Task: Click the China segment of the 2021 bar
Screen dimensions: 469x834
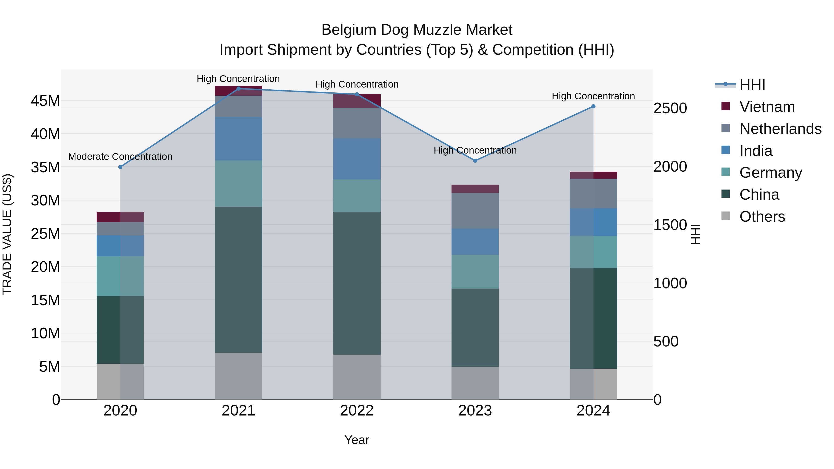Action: [x=238, y=279]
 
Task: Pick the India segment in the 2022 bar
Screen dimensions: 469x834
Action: [x=357, y=159]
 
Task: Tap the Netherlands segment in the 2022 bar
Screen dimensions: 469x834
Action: [x=357, y=123]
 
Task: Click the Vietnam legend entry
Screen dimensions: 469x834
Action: [x=767, y=107]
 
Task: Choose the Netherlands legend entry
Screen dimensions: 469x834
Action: [x=780, y=129]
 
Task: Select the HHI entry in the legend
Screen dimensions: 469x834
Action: [x=752, y=85]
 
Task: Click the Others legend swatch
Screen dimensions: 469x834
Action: [x=726, y=216]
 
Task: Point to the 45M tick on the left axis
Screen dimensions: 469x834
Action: [x=45, y=101]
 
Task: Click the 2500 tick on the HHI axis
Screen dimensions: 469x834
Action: [x=670, y=108]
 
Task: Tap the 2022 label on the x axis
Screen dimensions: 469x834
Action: [x=357, y=411]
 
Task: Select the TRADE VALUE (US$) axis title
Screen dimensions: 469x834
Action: [x=7, y=234]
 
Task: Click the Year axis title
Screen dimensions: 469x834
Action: [x=357, y=440]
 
